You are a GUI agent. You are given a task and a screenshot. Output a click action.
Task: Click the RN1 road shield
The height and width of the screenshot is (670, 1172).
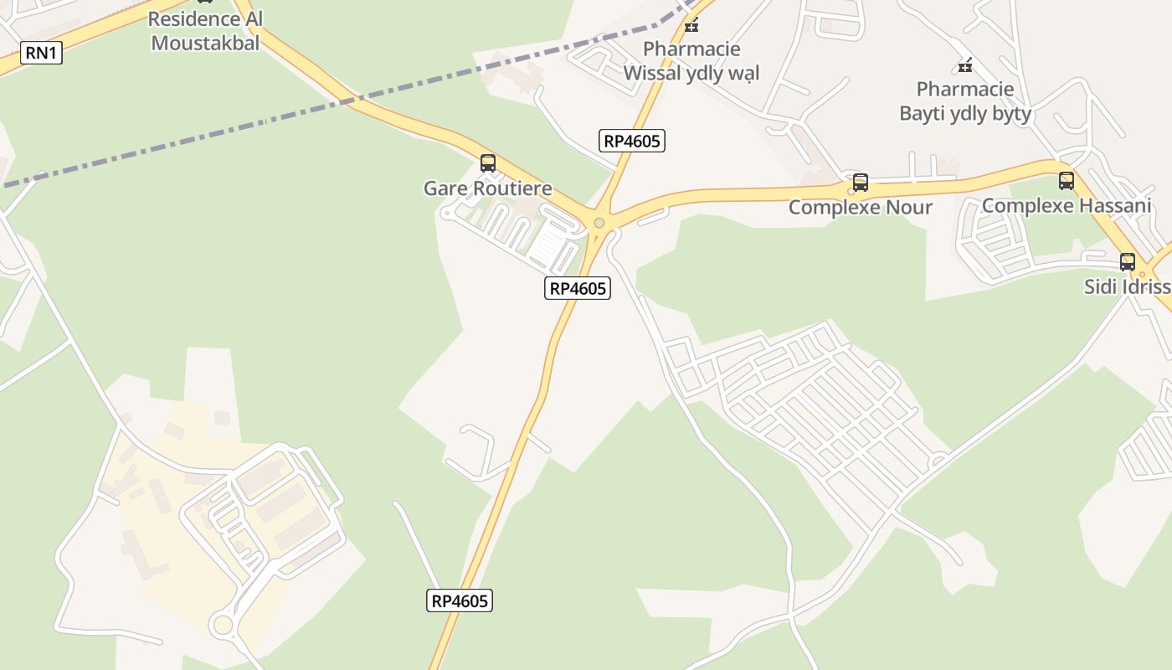41,53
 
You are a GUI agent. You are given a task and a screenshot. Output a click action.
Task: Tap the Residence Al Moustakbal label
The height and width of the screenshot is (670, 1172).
205,31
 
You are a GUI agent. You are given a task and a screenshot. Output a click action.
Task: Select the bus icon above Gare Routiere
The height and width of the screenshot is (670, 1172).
487,163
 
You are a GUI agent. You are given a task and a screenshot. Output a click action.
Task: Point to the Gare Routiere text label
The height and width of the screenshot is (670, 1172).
487,188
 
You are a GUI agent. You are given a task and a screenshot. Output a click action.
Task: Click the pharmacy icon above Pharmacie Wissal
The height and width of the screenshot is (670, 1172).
691,24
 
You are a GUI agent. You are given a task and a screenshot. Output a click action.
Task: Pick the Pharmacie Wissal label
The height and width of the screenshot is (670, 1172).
691,60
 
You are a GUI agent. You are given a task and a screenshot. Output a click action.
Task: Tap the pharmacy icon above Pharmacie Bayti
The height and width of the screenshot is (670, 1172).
965,64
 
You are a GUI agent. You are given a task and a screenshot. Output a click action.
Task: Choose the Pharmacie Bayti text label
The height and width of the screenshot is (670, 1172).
965,100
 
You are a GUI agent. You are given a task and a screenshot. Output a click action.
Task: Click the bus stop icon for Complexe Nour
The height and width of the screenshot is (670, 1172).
860,182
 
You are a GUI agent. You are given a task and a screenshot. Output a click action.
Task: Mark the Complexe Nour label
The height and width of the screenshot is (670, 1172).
860,207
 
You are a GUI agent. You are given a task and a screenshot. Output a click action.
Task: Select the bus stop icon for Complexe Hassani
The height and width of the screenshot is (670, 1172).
1066,180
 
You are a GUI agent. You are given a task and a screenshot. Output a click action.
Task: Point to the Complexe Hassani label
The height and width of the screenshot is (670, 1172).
1066,205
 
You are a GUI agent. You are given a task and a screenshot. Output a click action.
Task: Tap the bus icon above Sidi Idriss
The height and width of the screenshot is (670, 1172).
1127,261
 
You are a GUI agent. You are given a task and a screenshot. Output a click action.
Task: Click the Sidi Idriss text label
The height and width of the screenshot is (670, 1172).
1127,286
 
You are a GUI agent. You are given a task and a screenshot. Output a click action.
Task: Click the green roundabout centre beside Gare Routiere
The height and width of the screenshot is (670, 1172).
599,223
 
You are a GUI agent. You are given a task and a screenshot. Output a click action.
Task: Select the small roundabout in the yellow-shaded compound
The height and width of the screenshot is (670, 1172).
223,624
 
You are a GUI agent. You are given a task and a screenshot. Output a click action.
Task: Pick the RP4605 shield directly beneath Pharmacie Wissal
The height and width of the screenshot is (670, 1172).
632,141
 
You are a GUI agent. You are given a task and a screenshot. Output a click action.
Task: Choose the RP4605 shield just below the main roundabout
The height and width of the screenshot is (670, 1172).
577,289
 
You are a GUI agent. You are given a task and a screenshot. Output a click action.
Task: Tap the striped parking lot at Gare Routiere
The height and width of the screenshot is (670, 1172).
550,244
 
